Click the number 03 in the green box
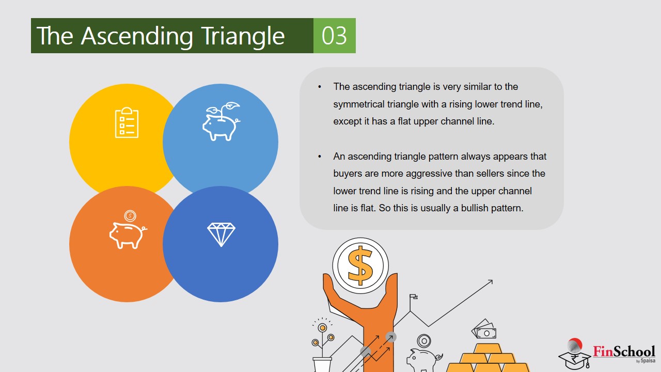coord(334,36)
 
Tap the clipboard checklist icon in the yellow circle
coord(127,122)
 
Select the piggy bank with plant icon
coord(222,121)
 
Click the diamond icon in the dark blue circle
coord(221,235)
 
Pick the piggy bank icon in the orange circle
coord(128,230)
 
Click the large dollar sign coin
coord(360,266)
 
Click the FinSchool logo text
coord(624,352)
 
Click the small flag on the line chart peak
coord(413,297)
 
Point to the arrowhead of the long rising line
coord(491,282)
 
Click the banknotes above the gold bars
coord(484,329)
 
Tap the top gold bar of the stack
coord(487,348)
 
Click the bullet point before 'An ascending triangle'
coord(320,157)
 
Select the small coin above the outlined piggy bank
coord(424,341)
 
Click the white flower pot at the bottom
coord(322,365)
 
